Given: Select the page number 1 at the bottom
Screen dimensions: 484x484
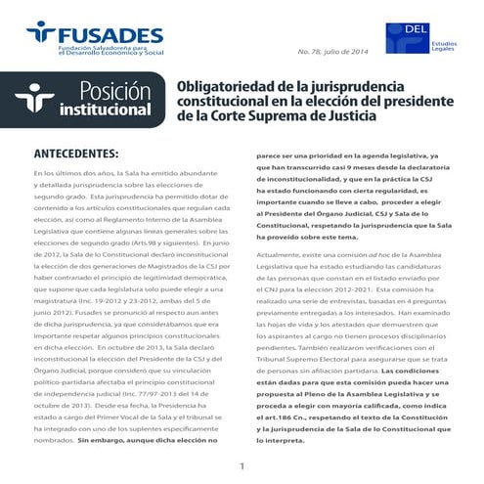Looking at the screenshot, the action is (242, 464).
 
